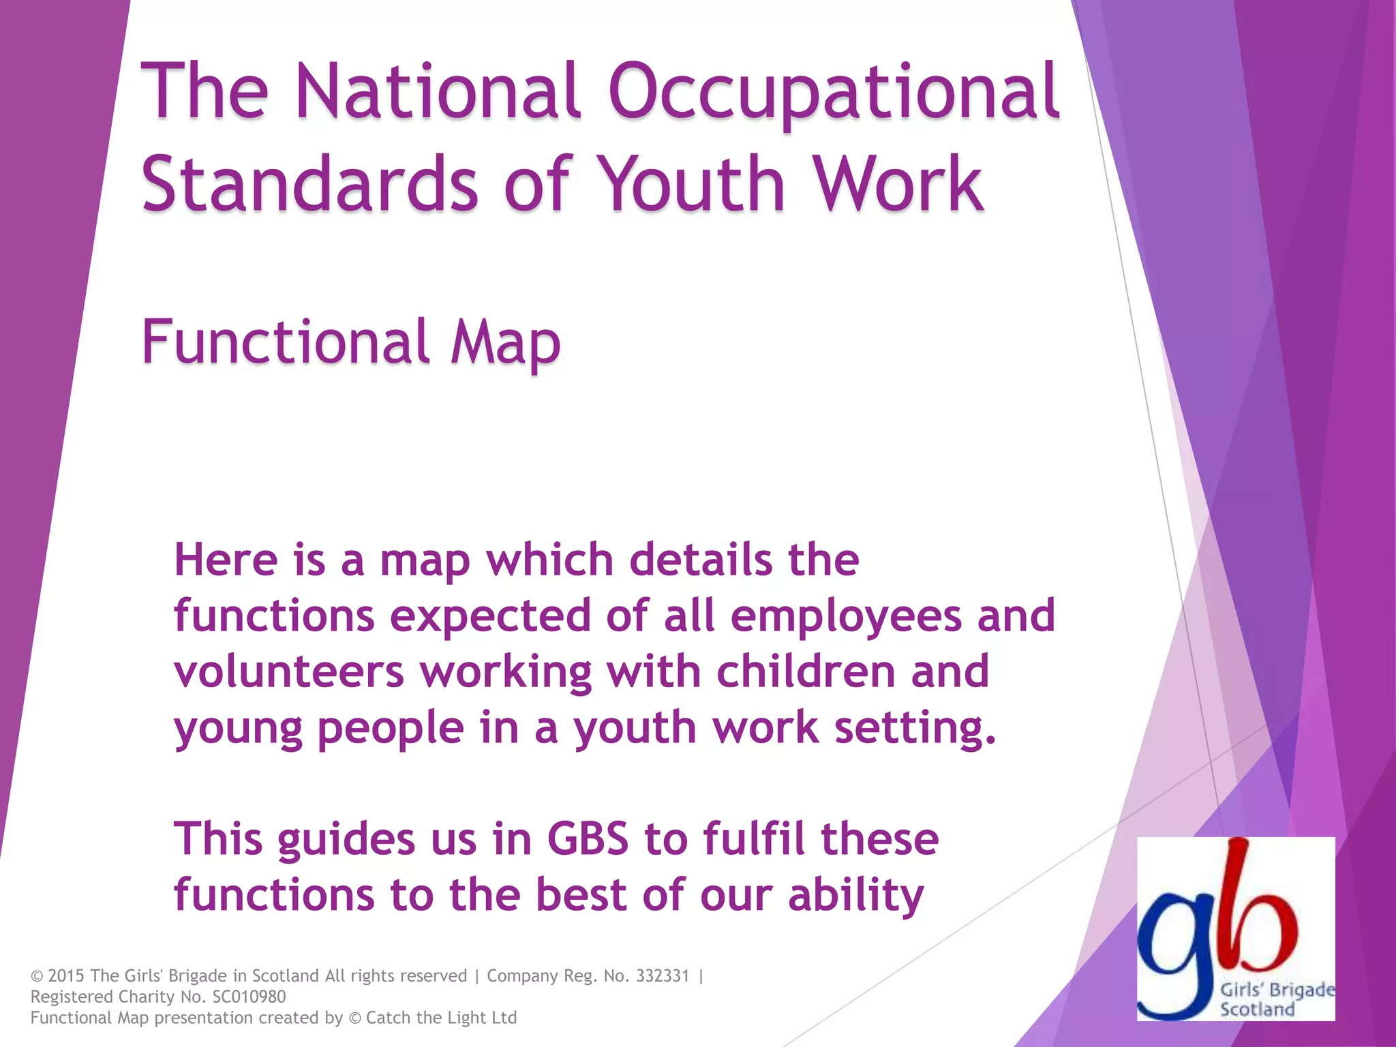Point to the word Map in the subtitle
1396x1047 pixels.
coord(505,342)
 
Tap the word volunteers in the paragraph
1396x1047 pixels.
coord(290,672)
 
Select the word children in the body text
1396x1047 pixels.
coord(805,672)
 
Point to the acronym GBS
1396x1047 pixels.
coord(588,839)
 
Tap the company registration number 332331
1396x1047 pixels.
coord(663,976)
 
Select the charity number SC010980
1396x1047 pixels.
coord(249,997)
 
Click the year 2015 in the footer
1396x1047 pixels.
coord(66,976)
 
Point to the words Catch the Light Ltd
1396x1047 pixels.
coord(441,1018)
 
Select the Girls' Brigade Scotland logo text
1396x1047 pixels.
coord(1276,1000)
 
